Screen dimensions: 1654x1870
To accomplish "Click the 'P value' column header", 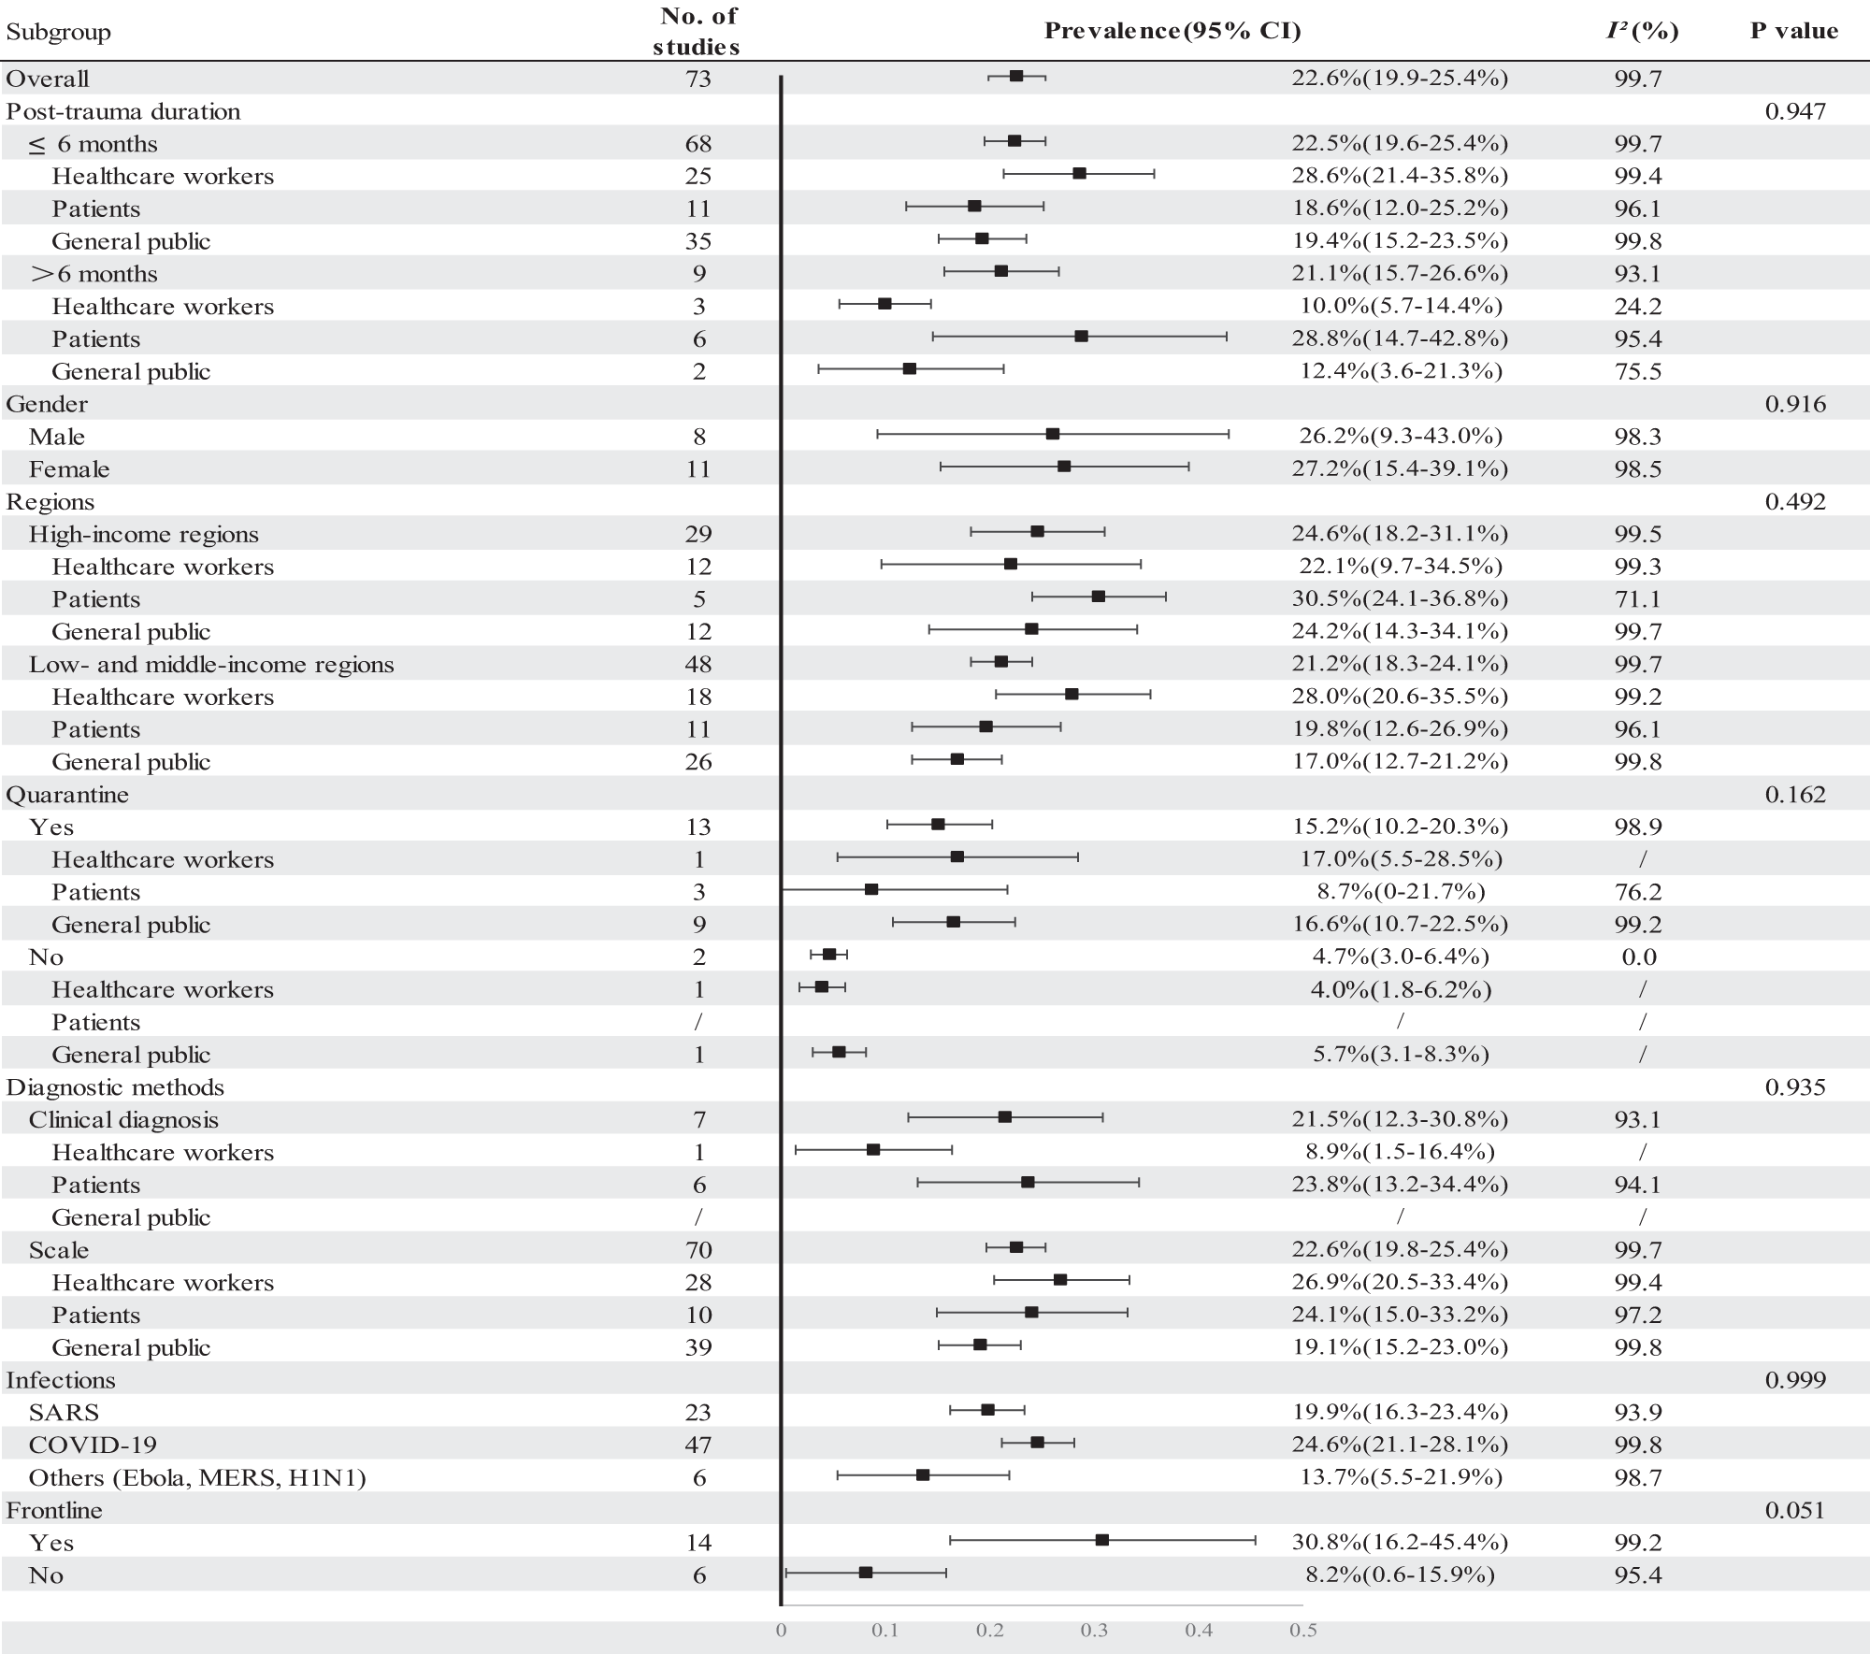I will [1793, 31].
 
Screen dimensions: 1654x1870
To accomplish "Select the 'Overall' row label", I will [48, 79].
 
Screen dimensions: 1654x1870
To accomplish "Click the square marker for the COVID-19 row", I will [1037, 1442].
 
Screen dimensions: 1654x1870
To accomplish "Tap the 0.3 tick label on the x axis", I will [1094, 1631].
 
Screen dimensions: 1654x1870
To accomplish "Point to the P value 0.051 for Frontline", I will [1794, 1510].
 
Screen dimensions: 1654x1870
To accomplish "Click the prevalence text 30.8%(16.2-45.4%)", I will [1400, 1542].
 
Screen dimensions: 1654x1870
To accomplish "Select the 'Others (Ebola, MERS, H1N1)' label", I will [197, 1477].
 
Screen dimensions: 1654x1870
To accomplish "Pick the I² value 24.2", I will [1637, 306].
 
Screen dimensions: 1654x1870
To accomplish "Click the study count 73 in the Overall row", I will [698, 79].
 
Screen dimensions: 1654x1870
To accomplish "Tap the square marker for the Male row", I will [1053, 434].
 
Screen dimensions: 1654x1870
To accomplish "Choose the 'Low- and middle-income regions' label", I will [211, 664].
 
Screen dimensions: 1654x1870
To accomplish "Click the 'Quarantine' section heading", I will [67, 794].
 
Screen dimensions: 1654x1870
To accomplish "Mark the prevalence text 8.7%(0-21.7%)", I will [1400, 891].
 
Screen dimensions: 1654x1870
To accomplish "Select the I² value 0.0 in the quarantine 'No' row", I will [1637, 956].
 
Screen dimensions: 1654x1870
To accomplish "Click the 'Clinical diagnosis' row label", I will [123, 1119].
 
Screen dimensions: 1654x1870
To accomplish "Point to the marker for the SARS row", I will [987, 1409].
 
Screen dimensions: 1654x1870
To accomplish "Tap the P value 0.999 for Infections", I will [1794, 1379].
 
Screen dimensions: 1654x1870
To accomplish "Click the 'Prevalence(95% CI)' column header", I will [1172, 31].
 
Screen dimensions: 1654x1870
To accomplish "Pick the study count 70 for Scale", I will [698, 1249].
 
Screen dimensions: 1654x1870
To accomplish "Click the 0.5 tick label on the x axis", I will [1302, 1631].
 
